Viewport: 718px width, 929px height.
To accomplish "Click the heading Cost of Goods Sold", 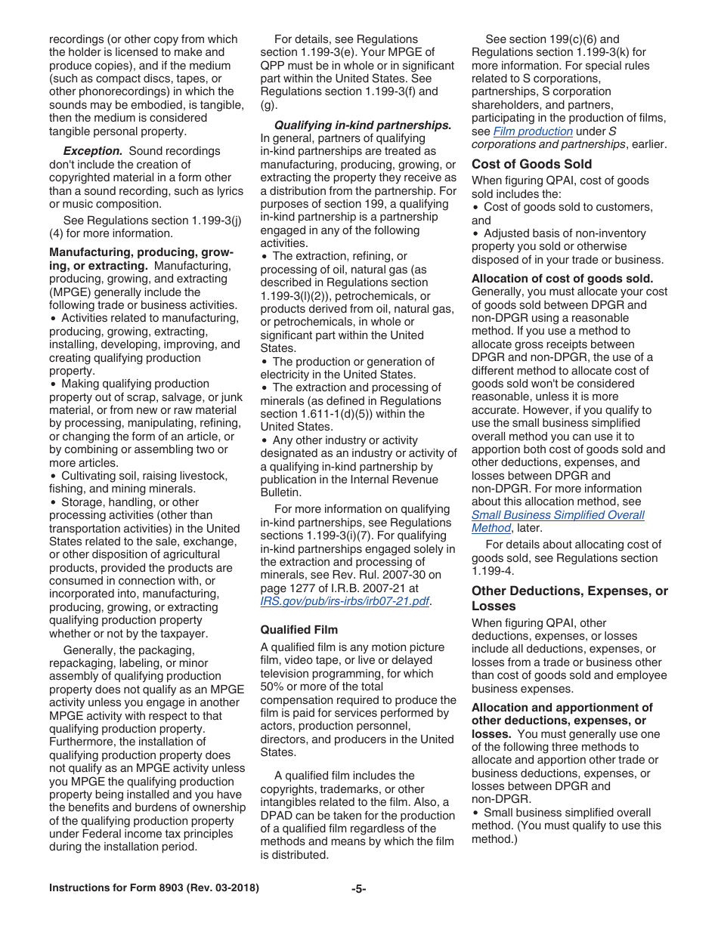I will tap(531, 164).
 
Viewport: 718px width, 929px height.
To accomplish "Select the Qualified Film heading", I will tap(299, 629).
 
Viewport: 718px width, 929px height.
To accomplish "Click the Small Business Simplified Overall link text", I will tap(558, 515).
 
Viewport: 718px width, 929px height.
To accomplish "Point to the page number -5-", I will tap(358, 889).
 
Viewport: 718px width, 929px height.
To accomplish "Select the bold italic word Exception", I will tap(92, 151).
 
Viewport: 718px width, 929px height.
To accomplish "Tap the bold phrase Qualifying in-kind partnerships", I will tap(362, 125).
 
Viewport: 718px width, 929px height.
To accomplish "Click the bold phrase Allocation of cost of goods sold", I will tap(562, 279).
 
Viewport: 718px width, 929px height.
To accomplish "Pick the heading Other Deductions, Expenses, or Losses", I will tap(569, 598).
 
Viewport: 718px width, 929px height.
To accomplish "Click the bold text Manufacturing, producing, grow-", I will tap(141, 252).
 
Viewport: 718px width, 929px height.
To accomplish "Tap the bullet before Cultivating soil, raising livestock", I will tap(53, 477).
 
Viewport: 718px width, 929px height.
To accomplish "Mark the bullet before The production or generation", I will tap(265, 362).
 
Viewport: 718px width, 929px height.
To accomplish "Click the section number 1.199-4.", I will tap(492, 571).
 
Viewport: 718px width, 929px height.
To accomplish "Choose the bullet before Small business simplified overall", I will tap(475, 813).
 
